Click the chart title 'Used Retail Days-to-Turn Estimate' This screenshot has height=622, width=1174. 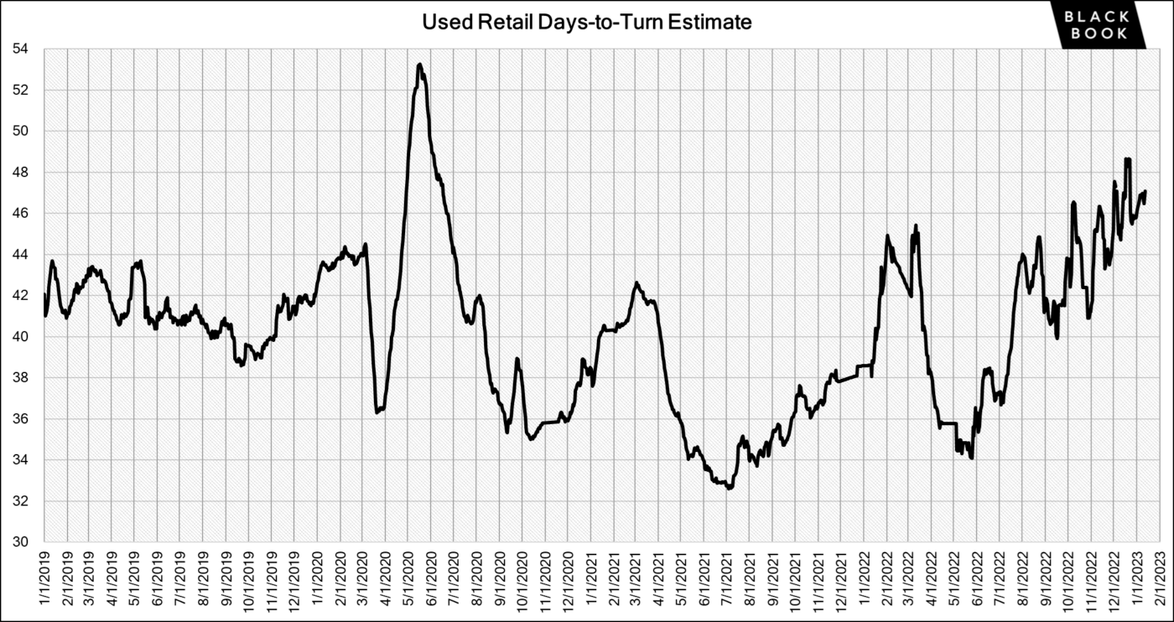click(x=587, y=23)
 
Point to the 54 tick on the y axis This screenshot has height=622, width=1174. click(x=22, y=49)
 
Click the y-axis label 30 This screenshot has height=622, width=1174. click(x=22, y=542)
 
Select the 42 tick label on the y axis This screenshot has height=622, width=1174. click(x=22, y=296)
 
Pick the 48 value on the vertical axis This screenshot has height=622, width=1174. click(x=22, y=173)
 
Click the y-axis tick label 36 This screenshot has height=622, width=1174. click(x=22, y=419)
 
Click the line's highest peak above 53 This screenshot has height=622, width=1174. click(x=419, y=65)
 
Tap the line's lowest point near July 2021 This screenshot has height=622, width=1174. click(x=730, y=488)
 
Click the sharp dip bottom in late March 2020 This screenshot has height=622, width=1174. click(x=377, y=412)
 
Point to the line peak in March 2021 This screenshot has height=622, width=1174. click(x=636, y=283)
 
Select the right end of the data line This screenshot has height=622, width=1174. click(x=1145, y=192)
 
